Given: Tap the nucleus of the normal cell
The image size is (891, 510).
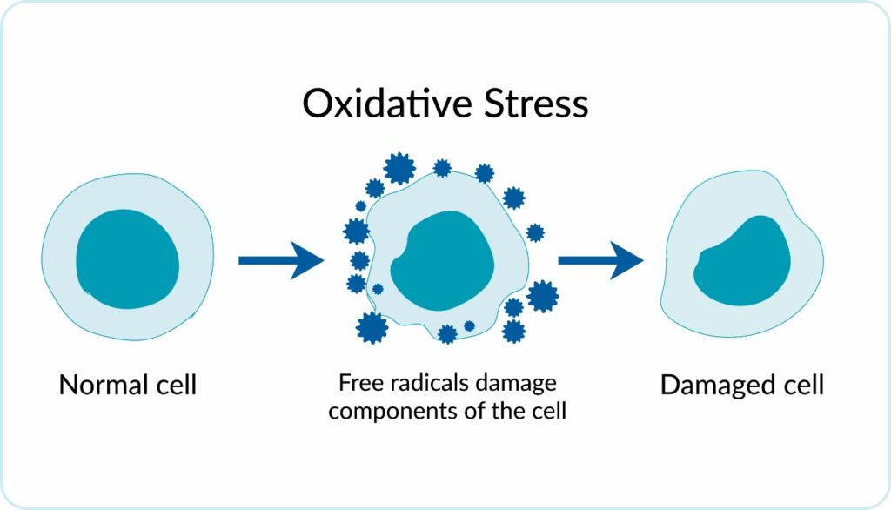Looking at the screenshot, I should click(x=128, y=259).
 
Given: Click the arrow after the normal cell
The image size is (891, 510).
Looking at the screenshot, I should click(x=280, y=259).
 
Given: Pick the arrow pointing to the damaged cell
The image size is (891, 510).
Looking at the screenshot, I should click(x=600, y=259).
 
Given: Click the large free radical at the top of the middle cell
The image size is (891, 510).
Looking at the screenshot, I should click(x=399, y=167).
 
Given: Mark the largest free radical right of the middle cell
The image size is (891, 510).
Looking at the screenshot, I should click(x=543, y=296).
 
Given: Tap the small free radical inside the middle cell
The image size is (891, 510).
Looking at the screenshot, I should click(x=378, y=289).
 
